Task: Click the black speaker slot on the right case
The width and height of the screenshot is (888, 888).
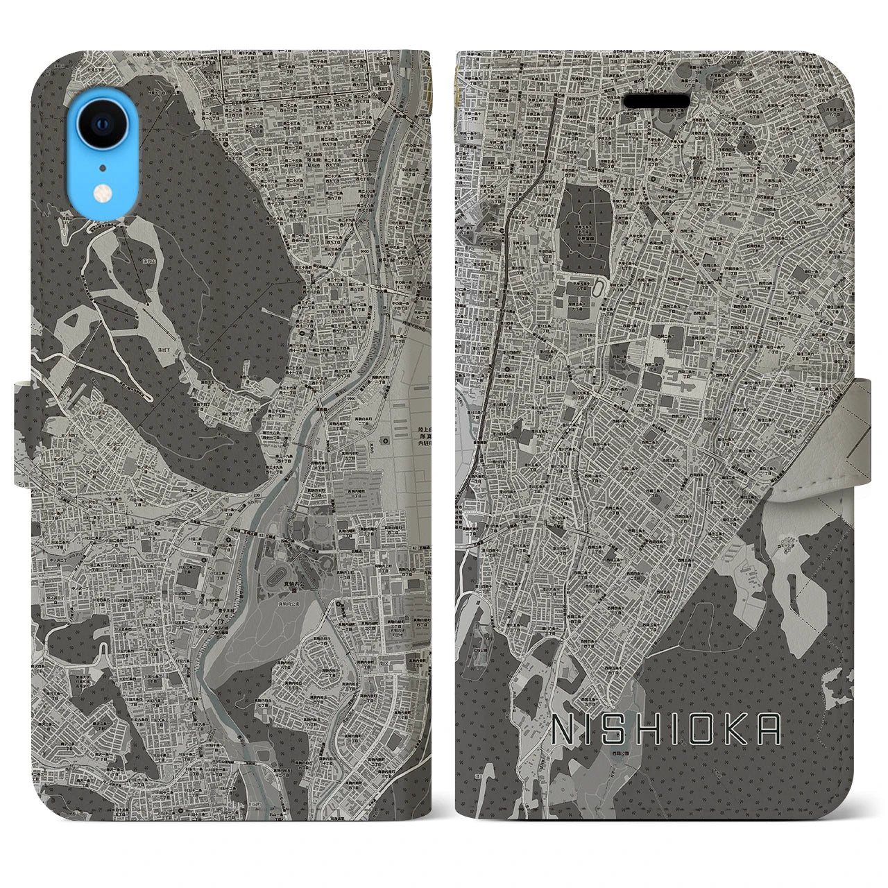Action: click(x=657, y=101)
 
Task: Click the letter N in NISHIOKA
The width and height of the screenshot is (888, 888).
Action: click(x=561, y=729)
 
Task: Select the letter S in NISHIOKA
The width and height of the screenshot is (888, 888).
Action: click(x=622, y=729)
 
